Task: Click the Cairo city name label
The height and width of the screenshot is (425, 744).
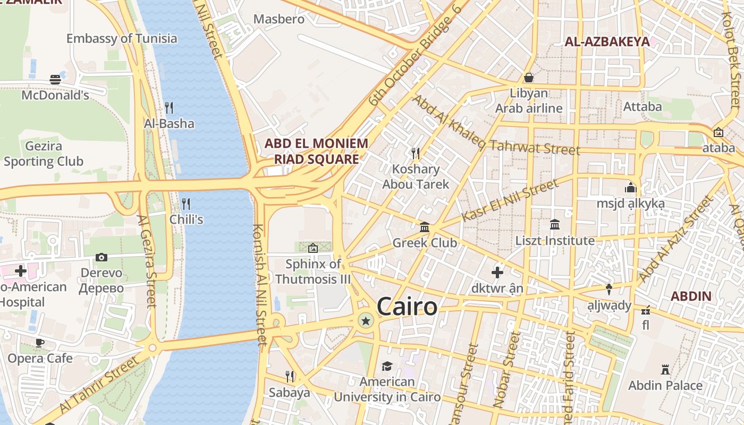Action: pos(407,307)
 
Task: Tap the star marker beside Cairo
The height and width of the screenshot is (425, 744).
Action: pos(366,320)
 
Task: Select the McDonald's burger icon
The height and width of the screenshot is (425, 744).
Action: pos(55,80)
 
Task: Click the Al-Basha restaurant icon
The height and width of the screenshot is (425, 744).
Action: pos(169,108)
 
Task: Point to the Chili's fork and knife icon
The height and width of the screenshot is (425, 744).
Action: pos(186,203)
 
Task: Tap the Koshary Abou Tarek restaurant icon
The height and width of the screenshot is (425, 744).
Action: pos(416,154)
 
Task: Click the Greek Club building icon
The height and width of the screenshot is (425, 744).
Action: pos(425,227)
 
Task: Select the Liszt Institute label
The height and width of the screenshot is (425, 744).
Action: pos(555,241)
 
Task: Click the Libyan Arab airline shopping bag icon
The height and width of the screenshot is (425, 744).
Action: pos(529,78)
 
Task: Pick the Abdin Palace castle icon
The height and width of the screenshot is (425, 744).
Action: pos(665,369)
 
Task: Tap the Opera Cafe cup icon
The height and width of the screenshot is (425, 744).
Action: pos(39,343)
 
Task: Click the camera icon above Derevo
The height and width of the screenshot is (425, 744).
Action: pos(102,257)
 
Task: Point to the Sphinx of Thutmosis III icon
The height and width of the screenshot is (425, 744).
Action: pos(313,248)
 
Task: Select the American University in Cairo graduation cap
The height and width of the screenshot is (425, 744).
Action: pos(387,367)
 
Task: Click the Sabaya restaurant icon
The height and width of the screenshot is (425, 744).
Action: pos(290,377)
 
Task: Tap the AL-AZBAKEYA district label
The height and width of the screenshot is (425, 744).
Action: pos(607,41)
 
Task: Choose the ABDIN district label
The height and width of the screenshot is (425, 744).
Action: pos(691,296)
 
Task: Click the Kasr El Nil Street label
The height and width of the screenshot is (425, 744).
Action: pos(510,200)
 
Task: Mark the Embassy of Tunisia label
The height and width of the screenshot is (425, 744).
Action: pos(122,38)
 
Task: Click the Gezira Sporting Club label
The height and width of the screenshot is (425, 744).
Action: pos(43,154)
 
